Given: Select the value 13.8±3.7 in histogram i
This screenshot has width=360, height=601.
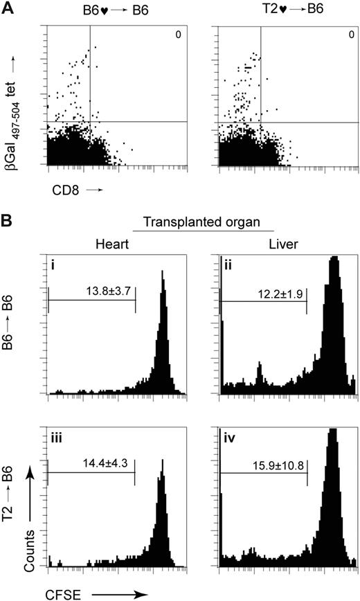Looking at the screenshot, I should [x=91, y=291].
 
